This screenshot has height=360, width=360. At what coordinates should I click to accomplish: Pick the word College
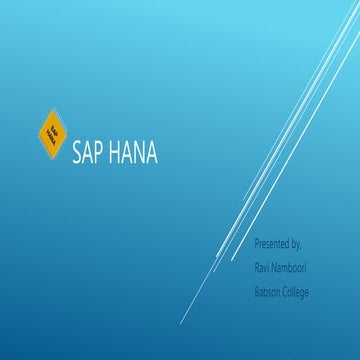click(x=298, y=291)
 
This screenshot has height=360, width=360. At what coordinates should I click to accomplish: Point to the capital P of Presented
click(x=257, y=244)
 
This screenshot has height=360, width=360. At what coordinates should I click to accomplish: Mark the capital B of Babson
click(x=257, y=291)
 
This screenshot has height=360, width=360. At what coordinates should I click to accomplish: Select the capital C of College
click(x=287, y=291)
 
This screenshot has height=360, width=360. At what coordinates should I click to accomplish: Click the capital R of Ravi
click(x=257, y=267)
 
